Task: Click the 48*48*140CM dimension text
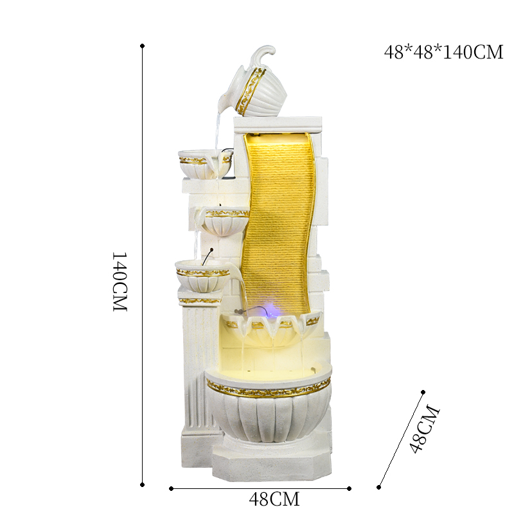pos(443,52)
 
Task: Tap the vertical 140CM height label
pos(120,281)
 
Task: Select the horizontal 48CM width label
pos(274,498)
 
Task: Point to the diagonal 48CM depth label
pos(425,429)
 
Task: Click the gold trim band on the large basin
pos(269,387)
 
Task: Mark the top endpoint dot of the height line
pos(142,46)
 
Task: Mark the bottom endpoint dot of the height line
pos(142,484)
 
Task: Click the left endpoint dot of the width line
pos(172,488)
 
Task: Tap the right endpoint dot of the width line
pos(349,488)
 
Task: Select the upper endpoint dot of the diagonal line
pos(423,391)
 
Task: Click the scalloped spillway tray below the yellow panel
pos(273,324)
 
